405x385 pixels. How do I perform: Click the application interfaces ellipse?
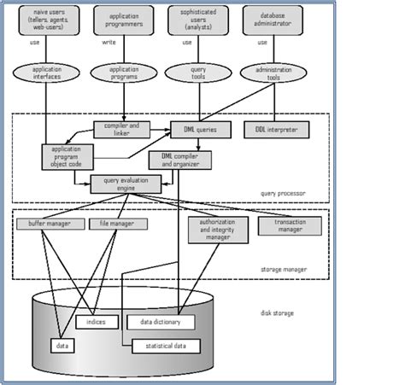coord(46,73)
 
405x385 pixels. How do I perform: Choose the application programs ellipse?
coord(124,73)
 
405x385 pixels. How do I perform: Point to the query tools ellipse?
coord(199,73)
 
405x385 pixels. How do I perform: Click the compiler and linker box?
coord(121,130)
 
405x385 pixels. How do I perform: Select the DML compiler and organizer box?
coord(179,160)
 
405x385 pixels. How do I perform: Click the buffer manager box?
coord(50,224)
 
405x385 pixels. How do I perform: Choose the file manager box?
coord(118,224)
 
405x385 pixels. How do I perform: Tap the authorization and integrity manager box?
coord(218,230)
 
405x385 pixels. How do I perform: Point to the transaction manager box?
coord(290,225)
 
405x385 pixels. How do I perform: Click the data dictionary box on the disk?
coord(161,322)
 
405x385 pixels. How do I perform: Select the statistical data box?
coord(166,346)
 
